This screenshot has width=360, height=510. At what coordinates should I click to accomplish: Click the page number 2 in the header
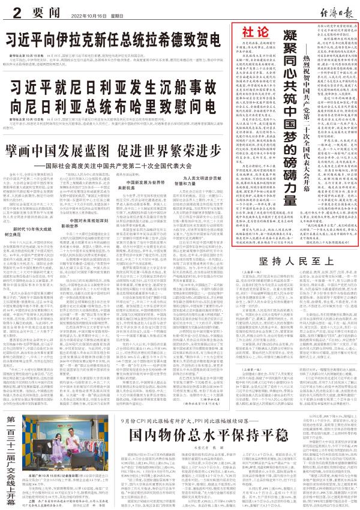point(13,12)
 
